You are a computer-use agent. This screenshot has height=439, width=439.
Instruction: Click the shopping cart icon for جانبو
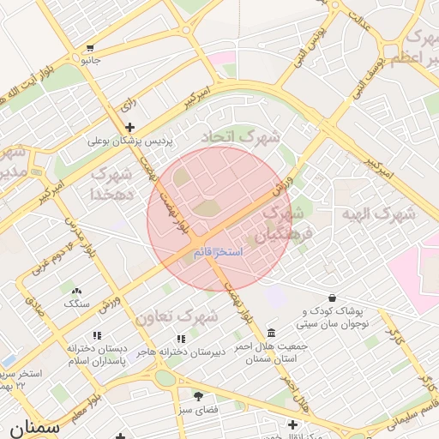point(90,49)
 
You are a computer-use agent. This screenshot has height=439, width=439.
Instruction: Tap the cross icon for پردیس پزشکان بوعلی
point(129,127)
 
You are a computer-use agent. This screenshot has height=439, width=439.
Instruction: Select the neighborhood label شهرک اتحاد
point(241,136)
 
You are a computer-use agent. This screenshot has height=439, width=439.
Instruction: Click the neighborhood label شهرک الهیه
point(378,213)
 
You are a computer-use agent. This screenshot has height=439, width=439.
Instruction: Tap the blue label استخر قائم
point(219,252)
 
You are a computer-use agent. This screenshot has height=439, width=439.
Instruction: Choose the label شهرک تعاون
point(176,316)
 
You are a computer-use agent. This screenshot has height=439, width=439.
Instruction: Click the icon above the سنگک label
point(76,292)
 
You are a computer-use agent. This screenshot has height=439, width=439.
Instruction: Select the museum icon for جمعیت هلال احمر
point(271,333)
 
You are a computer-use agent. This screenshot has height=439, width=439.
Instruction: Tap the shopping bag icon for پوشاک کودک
point(332,298)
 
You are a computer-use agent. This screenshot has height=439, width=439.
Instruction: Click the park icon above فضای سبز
point(198,396)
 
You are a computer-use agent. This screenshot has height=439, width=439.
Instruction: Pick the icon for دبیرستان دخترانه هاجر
point(180,339)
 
